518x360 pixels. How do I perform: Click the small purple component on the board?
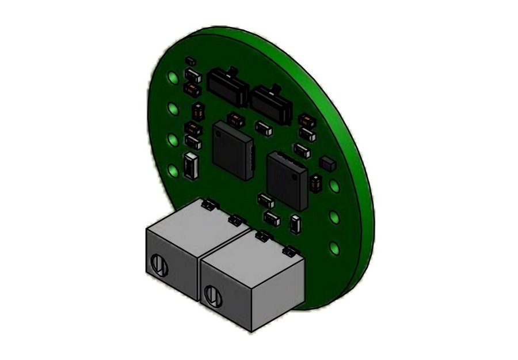pyautogui.click(x=327, y=163)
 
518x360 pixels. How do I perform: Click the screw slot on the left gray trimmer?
pyautogui.click(x=159, y=266)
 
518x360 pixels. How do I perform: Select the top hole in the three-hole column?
pyautogui.click(x=334, y=185)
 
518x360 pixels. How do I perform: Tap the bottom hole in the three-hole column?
pyautogui.click(x=334, y=248)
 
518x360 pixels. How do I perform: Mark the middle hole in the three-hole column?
pyautogui.click(x=334, y=217)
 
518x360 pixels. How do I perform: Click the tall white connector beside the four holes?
pyautogui.click(x=191, y=165)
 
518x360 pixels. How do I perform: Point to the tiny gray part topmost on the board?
pyautogui.click(x=190, y=60)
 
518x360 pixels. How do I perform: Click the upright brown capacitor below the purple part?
pyautogui.click(x=315, y=183)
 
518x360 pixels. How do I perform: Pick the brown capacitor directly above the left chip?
pyautogui.click(x=235, y=120)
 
